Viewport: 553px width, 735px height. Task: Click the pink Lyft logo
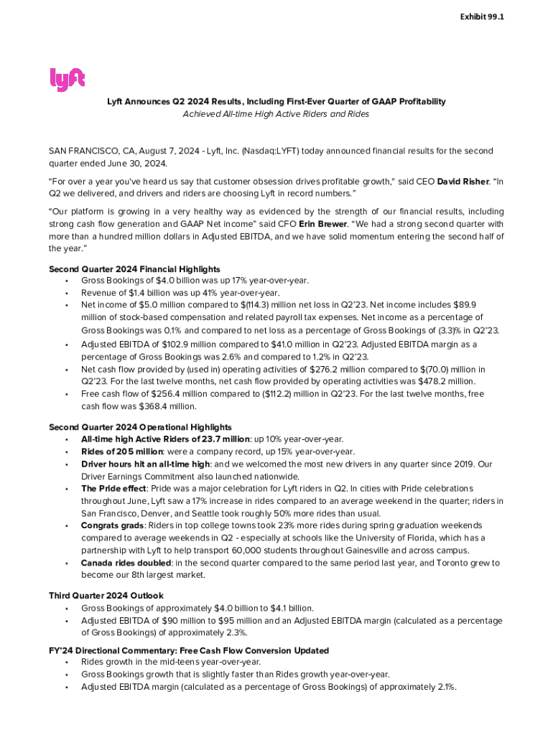(x=68, y=79)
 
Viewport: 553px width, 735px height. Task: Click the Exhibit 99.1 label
(x=482, y=16)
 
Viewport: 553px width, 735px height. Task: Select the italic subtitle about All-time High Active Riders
(x=276, y=114)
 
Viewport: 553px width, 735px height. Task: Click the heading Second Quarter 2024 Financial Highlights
(x=134, y=269)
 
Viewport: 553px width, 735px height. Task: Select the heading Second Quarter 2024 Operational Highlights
(x=140, y=427)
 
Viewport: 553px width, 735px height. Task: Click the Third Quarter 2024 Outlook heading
(x=106, y=596)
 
